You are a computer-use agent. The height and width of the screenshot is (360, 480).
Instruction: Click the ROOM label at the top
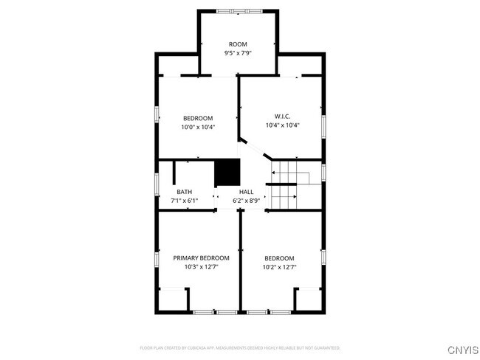pyautogui.click(x=238, y=44)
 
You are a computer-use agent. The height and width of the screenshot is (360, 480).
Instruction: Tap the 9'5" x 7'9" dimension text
pyautogui.click(x=238, y=53)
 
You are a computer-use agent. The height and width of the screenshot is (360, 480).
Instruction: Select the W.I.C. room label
pyautogui.click(x=282, y=117)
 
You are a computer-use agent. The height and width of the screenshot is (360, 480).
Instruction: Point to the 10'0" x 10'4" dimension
pyautogui.click(x=198, y=127)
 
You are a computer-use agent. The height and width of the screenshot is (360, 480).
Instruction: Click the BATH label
pyautogui.click(x=184, y=192)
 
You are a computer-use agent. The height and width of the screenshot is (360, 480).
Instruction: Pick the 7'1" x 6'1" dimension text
pyautogui.click(x=184, y=200)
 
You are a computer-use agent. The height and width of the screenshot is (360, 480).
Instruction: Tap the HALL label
pyautogui.click(x=246, y=192)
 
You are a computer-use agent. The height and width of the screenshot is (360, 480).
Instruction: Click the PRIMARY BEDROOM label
pyautogui.click(x=201, y=258)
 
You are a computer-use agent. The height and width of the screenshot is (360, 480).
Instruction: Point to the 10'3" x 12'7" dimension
pyautogui.click(x=201, y=267)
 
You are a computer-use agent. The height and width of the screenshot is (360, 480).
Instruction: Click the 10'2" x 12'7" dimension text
pyautogui.click(x=280, y=267)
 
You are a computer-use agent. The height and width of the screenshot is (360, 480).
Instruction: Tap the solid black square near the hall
pyautogui.click(x=227, y=174)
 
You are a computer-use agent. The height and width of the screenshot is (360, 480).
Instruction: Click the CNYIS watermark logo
pyautogui.click(x=457, y=347)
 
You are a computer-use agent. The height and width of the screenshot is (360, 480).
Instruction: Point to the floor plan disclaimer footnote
pyautogui.click(x=240, y=347)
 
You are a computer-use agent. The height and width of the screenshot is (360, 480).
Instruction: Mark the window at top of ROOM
pyautogui.click(x=238, y=10)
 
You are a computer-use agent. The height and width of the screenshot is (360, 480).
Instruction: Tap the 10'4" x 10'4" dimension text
pyautogui.click(x=282, y=125)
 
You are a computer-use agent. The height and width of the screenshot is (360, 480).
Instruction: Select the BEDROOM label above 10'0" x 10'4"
pyautogui.click(x=198, y=118)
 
